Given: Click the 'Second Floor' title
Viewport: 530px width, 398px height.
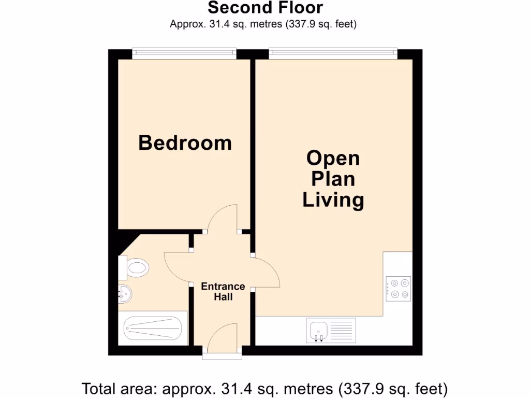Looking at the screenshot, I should [x=265, y=8].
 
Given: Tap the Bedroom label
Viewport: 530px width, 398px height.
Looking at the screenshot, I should [x=185, y=143].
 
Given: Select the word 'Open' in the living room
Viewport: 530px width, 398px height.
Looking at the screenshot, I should [x=333, y=158].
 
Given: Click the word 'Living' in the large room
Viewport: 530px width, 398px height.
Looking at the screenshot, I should [x=333, y=200].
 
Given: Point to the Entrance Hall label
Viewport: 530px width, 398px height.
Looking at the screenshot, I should [x=223, y=292].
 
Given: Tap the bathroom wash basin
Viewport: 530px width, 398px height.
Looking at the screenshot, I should [x=125, y=294].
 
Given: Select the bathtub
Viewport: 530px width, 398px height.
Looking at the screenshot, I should [x=152, y=328].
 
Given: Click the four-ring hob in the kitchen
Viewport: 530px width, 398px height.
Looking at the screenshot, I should [x=398, y=289].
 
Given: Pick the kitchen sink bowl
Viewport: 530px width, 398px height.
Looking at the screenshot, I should [x=317, y=330].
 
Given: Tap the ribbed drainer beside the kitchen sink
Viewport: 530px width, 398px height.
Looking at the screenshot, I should [x=342, y=330].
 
